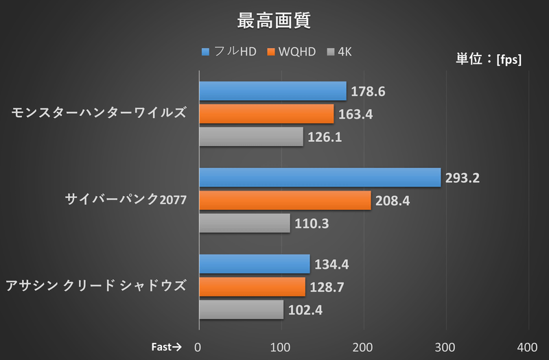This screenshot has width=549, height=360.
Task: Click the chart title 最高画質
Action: click(274, 21)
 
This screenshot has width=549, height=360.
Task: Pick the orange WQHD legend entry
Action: click(291, 52)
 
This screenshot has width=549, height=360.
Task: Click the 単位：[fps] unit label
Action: click(489, 60)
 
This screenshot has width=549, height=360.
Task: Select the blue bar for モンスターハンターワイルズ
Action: click(272, 91)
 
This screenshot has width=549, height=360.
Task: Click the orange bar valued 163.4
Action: click(266, 114)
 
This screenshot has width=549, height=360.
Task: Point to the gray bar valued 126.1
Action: click(251, 136)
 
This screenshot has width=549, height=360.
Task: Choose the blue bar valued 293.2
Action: click(320, 178)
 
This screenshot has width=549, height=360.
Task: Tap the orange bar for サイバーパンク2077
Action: click(285, 200)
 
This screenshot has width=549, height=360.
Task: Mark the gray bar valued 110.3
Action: click(244, 223)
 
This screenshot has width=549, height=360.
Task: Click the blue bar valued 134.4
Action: click(254, 264)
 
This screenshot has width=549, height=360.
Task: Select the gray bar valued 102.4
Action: click(241, 309)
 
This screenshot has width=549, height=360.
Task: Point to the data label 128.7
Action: click(330, 287)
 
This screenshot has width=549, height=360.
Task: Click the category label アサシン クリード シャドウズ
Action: click(96, 286)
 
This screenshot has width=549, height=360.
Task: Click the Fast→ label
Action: click(165, 346)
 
